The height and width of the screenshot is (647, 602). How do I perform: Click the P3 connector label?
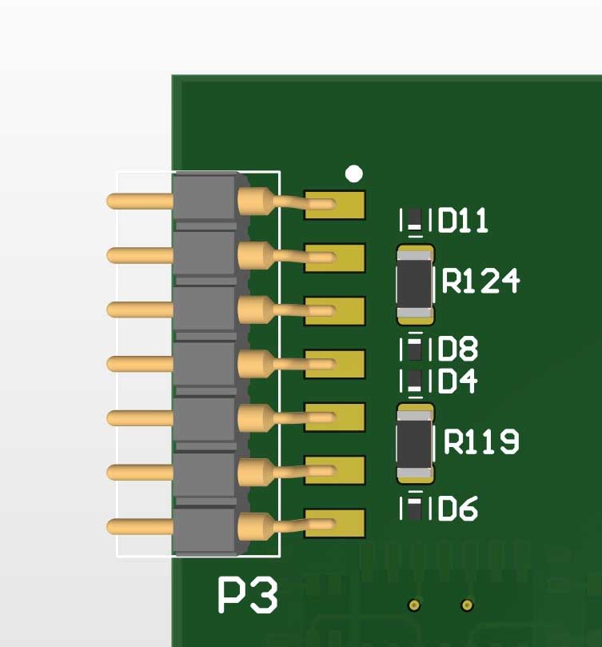tap(249, 596)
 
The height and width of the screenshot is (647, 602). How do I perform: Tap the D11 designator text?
tap(464, 220)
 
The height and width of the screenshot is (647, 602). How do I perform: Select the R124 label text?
tap(480, 281)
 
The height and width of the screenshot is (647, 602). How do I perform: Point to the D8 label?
tap(458, 349)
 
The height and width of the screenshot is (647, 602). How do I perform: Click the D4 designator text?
tap(458, 381)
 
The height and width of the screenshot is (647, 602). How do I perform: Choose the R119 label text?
tap(481, 441)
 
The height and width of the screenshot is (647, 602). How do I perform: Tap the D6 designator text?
tap(458, 508)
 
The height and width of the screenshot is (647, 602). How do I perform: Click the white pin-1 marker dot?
tap(354, 174)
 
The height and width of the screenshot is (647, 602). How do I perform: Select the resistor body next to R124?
tap(416, 285)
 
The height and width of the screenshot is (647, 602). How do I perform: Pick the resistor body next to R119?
tap(416, 444)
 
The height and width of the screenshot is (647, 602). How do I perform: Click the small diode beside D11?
tap(413, 219)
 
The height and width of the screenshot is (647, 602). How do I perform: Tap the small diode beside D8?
tap(414, 349)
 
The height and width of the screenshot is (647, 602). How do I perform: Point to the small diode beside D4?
tap(414, 381)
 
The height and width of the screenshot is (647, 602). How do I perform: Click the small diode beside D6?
tap(414, 507)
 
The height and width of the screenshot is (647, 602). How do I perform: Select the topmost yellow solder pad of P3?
tap(335, 205)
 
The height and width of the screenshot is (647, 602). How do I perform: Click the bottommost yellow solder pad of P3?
tap(335, 523)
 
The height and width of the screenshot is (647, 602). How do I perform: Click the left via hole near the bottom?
tap(413, 605)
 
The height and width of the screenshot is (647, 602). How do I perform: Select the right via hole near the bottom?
tap(467, 605)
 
